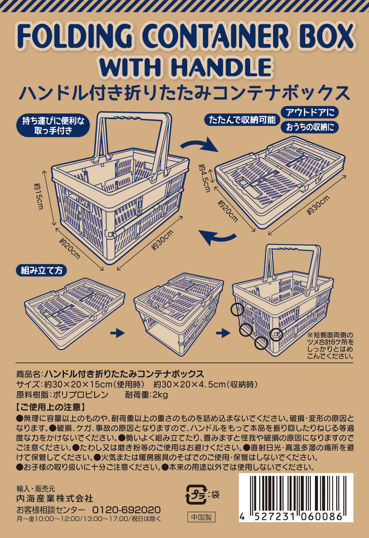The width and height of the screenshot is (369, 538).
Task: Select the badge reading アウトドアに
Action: pyautogui.click(x=310, y=112)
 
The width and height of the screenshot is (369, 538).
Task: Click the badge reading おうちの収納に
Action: pyautogui.click(x=310, y=127)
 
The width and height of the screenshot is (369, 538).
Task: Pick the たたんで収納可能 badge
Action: pyautogui.click(x=242, y=120)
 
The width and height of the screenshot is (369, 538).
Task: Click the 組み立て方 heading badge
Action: pyautogui.click(x=42, y=271)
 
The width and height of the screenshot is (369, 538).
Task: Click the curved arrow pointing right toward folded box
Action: pyautogui.click(x=200, y=145)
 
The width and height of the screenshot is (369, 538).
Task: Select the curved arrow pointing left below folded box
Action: pyautogui.click(x=217, y=237)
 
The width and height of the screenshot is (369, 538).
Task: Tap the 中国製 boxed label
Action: pyautogui.click(x=201, y=517)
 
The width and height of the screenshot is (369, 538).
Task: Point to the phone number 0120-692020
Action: pyautogui.click(x=126, y=510)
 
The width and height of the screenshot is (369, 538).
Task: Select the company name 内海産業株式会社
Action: pyautogui.click(x=55, y=498)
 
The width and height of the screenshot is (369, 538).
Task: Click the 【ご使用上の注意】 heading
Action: pyautogui.click(x=50, y=407)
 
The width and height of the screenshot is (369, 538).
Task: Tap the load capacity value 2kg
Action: pyautogui.click(x=160, y=395)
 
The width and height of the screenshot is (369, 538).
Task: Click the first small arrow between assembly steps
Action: pyautogui.click(x=117, y=333)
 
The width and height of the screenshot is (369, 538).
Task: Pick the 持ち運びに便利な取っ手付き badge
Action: pyautogui.click(x=53, y=126)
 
